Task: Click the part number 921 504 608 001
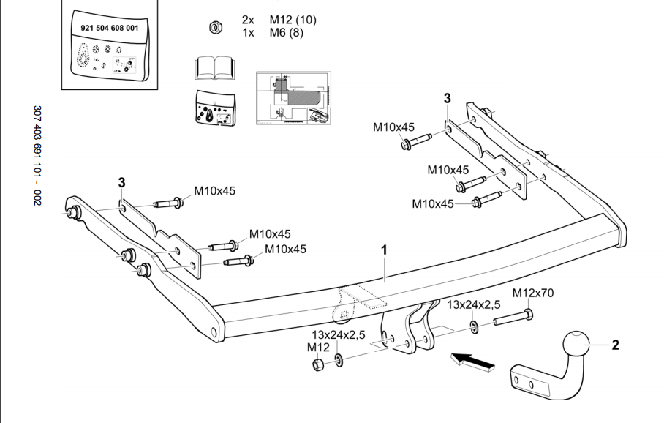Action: point(108,27)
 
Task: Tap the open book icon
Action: point(214,68)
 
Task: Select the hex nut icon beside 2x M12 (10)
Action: point(215,27)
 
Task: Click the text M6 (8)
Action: point(286,32)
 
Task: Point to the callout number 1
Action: point(384,250)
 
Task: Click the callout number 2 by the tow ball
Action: point(616,344)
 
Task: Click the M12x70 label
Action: point(532,293)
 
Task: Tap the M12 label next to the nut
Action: point(318,347)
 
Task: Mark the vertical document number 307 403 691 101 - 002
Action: point(37,156)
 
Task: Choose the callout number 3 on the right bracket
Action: point(447,98)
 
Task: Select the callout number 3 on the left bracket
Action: point(122,181)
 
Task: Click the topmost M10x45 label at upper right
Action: point(394,127)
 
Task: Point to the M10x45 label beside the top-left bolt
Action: point(215,192)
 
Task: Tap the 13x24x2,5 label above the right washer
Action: point(474,304)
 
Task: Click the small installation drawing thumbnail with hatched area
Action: point(293,99)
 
